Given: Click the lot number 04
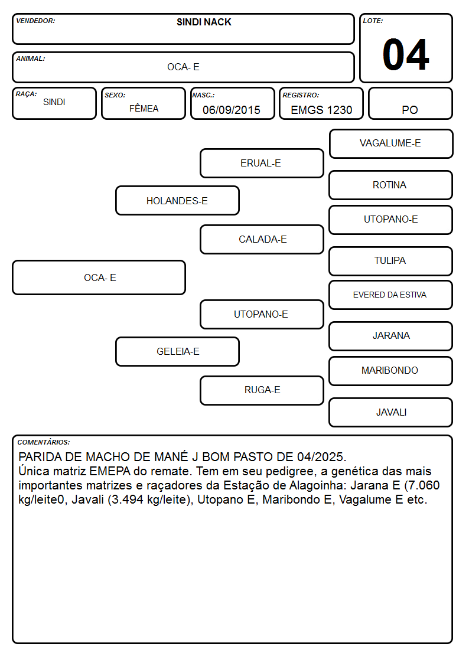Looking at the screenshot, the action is point(406,54).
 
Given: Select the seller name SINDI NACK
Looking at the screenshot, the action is point(204,22).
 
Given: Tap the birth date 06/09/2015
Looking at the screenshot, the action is point(232,110).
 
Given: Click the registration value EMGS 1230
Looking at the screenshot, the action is point(321,110).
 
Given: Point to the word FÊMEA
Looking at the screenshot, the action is point(144,108).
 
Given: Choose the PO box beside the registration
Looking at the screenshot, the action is point(410,103).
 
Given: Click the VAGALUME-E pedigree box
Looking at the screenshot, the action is point(391,144).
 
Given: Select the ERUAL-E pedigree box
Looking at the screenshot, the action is point(262,163).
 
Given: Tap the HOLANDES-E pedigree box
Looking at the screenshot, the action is point(177,200).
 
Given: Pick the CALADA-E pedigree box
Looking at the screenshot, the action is point(262,239).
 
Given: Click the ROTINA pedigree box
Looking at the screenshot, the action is point(391,185).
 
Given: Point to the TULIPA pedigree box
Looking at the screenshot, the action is point(391,262).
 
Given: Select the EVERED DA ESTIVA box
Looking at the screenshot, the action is point(391,295).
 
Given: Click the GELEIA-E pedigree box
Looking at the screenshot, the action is point(177,351).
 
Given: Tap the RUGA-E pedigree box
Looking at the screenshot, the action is point(262,390).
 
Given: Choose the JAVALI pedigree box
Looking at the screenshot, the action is point(391,412).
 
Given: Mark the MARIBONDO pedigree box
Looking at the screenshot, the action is point(391,371).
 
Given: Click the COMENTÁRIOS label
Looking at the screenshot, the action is point(44,442).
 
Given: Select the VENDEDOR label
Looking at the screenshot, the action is point(35,21).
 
